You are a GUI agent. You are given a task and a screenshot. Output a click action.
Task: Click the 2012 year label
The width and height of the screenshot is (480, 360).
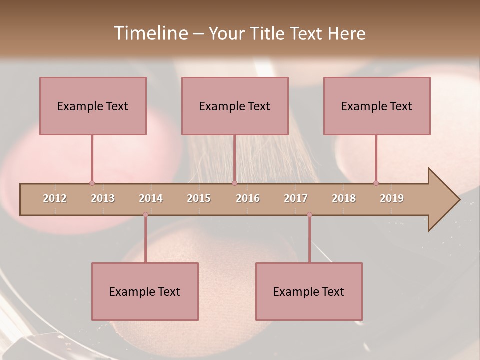pyautogui.click(x=55, y=198)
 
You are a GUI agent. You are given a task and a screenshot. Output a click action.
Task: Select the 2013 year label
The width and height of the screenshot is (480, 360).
pyautogui.click(x=103, y=198)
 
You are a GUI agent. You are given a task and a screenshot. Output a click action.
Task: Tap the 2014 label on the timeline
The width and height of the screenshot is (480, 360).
pyautogui.click(x=151, y=198)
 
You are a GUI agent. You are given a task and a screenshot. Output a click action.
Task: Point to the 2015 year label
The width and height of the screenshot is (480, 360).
pyautogui.click(x=199, y=198)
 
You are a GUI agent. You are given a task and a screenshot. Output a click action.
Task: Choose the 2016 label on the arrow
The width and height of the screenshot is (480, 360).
pyautogui.click(x=248, y=198)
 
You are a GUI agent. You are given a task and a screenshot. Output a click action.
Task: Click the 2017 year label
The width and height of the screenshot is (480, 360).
pyautogui.click(x=296, y=198)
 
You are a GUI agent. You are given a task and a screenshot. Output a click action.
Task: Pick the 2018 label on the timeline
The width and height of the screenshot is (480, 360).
pyautogui.click(x=344, y=198)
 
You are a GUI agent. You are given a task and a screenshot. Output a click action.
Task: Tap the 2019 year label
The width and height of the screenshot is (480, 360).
pyautogui.click(x=392, y=198)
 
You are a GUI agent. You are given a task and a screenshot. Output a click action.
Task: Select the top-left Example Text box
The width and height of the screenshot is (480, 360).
pyautogui.click(x=93, y=106)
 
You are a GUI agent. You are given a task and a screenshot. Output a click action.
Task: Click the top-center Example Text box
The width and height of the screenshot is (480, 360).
pyautogui.click(x=235, y=106)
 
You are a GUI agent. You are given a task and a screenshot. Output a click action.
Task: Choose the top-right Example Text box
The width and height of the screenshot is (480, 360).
pyautogui.click(x=377, y=106)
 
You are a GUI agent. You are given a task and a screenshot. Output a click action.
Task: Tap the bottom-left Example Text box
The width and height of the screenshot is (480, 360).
pyautogui.click(x=145, y=291)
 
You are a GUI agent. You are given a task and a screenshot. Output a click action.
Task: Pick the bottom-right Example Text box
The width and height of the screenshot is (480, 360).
pyautogui.click(x=309, y=291)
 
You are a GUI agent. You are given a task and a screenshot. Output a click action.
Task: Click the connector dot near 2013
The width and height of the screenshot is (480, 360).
pyautogui.click(x=92, y=183)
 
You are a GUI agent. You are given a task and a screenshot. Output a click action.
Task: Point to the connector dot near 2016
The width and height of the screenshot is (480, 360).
pyautogui.click(x=234, y=183)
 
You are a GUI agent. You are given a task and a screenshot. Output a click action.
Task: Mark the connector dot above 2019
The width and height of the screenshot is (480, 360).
pyautogui.click(x=376, y=183)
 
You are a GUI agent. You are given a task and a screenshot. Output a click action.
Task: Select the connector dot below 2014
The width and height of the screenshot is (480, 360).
pyautogui.click(x=145, y=214)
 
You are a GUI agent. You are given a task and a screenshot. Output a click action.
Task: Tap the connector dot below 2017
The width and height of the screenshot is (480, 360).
pyautogui.click(x=309, y=214)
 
